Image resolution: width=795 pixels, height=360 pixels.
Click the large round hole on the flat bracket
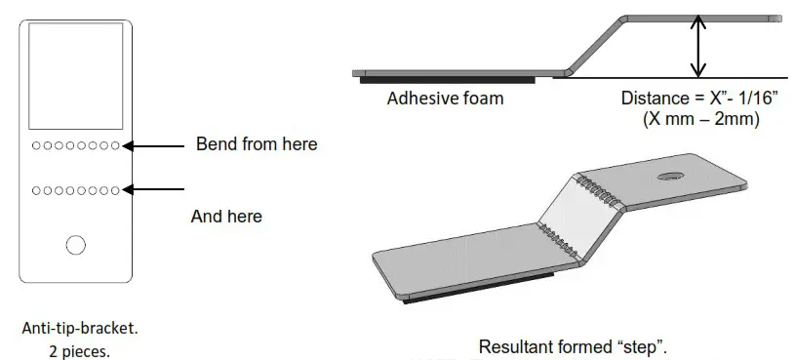click(75, 246)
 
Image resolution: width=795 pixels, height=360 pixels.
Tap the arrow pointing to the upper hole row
click(156, 146)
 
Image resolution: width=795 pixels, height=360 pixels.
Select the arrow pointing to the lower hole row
click(156, 189)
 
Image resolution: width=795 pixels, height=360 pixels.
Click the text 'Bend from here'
click(257, 144)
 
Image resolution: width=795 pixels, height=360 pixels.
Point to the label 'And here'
click(226, 216)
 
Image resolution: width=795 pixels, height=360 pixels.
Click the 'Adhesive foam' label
click(445, 99)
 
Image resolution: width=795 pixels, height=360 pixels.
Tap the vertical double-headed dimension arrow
click(696, 46)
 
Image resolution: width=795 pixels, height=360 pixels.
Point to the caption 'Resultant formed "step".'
click(574, 346)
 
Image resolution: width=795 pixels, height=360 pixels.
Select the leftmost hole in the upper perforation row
click(36, 146)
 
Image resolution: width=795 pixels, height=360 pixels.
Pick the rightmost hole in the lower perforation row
click(115, 189)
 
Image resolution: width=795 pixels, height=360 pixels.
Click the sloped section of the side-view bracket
click(592, 45)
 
